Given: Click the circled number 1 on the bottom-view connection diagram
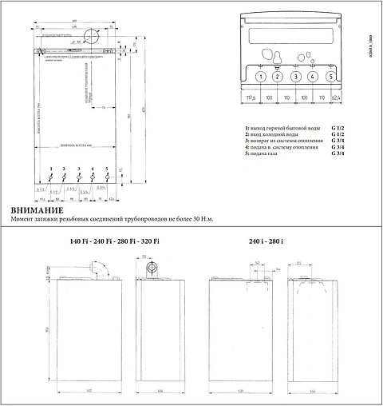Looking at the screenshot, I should pyautogui.click(x=260, y=78).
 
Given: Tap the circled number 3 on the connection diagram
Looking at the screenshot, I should pyautogui.click(x=295, y=78).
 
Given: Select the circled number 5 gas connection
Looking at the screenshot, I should pyautogui.click(x=330, y=78).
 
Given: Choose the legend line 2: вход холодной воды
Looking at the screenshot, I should pyautogui.click(x=275, y=133).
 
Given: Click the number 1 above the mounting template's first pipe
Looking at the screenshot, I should pyautogui.click(x=50, y=169).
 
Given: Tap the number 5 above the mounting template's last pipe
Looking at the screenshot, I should pyautogui.click(x=106, y=169).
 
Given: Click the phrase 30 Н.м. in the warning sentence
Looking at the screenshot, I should pyautogui.click(x=203, y=219).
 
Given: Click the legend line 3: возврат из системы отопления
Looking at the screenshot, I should pyautogui.click(x=286, y=140).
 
